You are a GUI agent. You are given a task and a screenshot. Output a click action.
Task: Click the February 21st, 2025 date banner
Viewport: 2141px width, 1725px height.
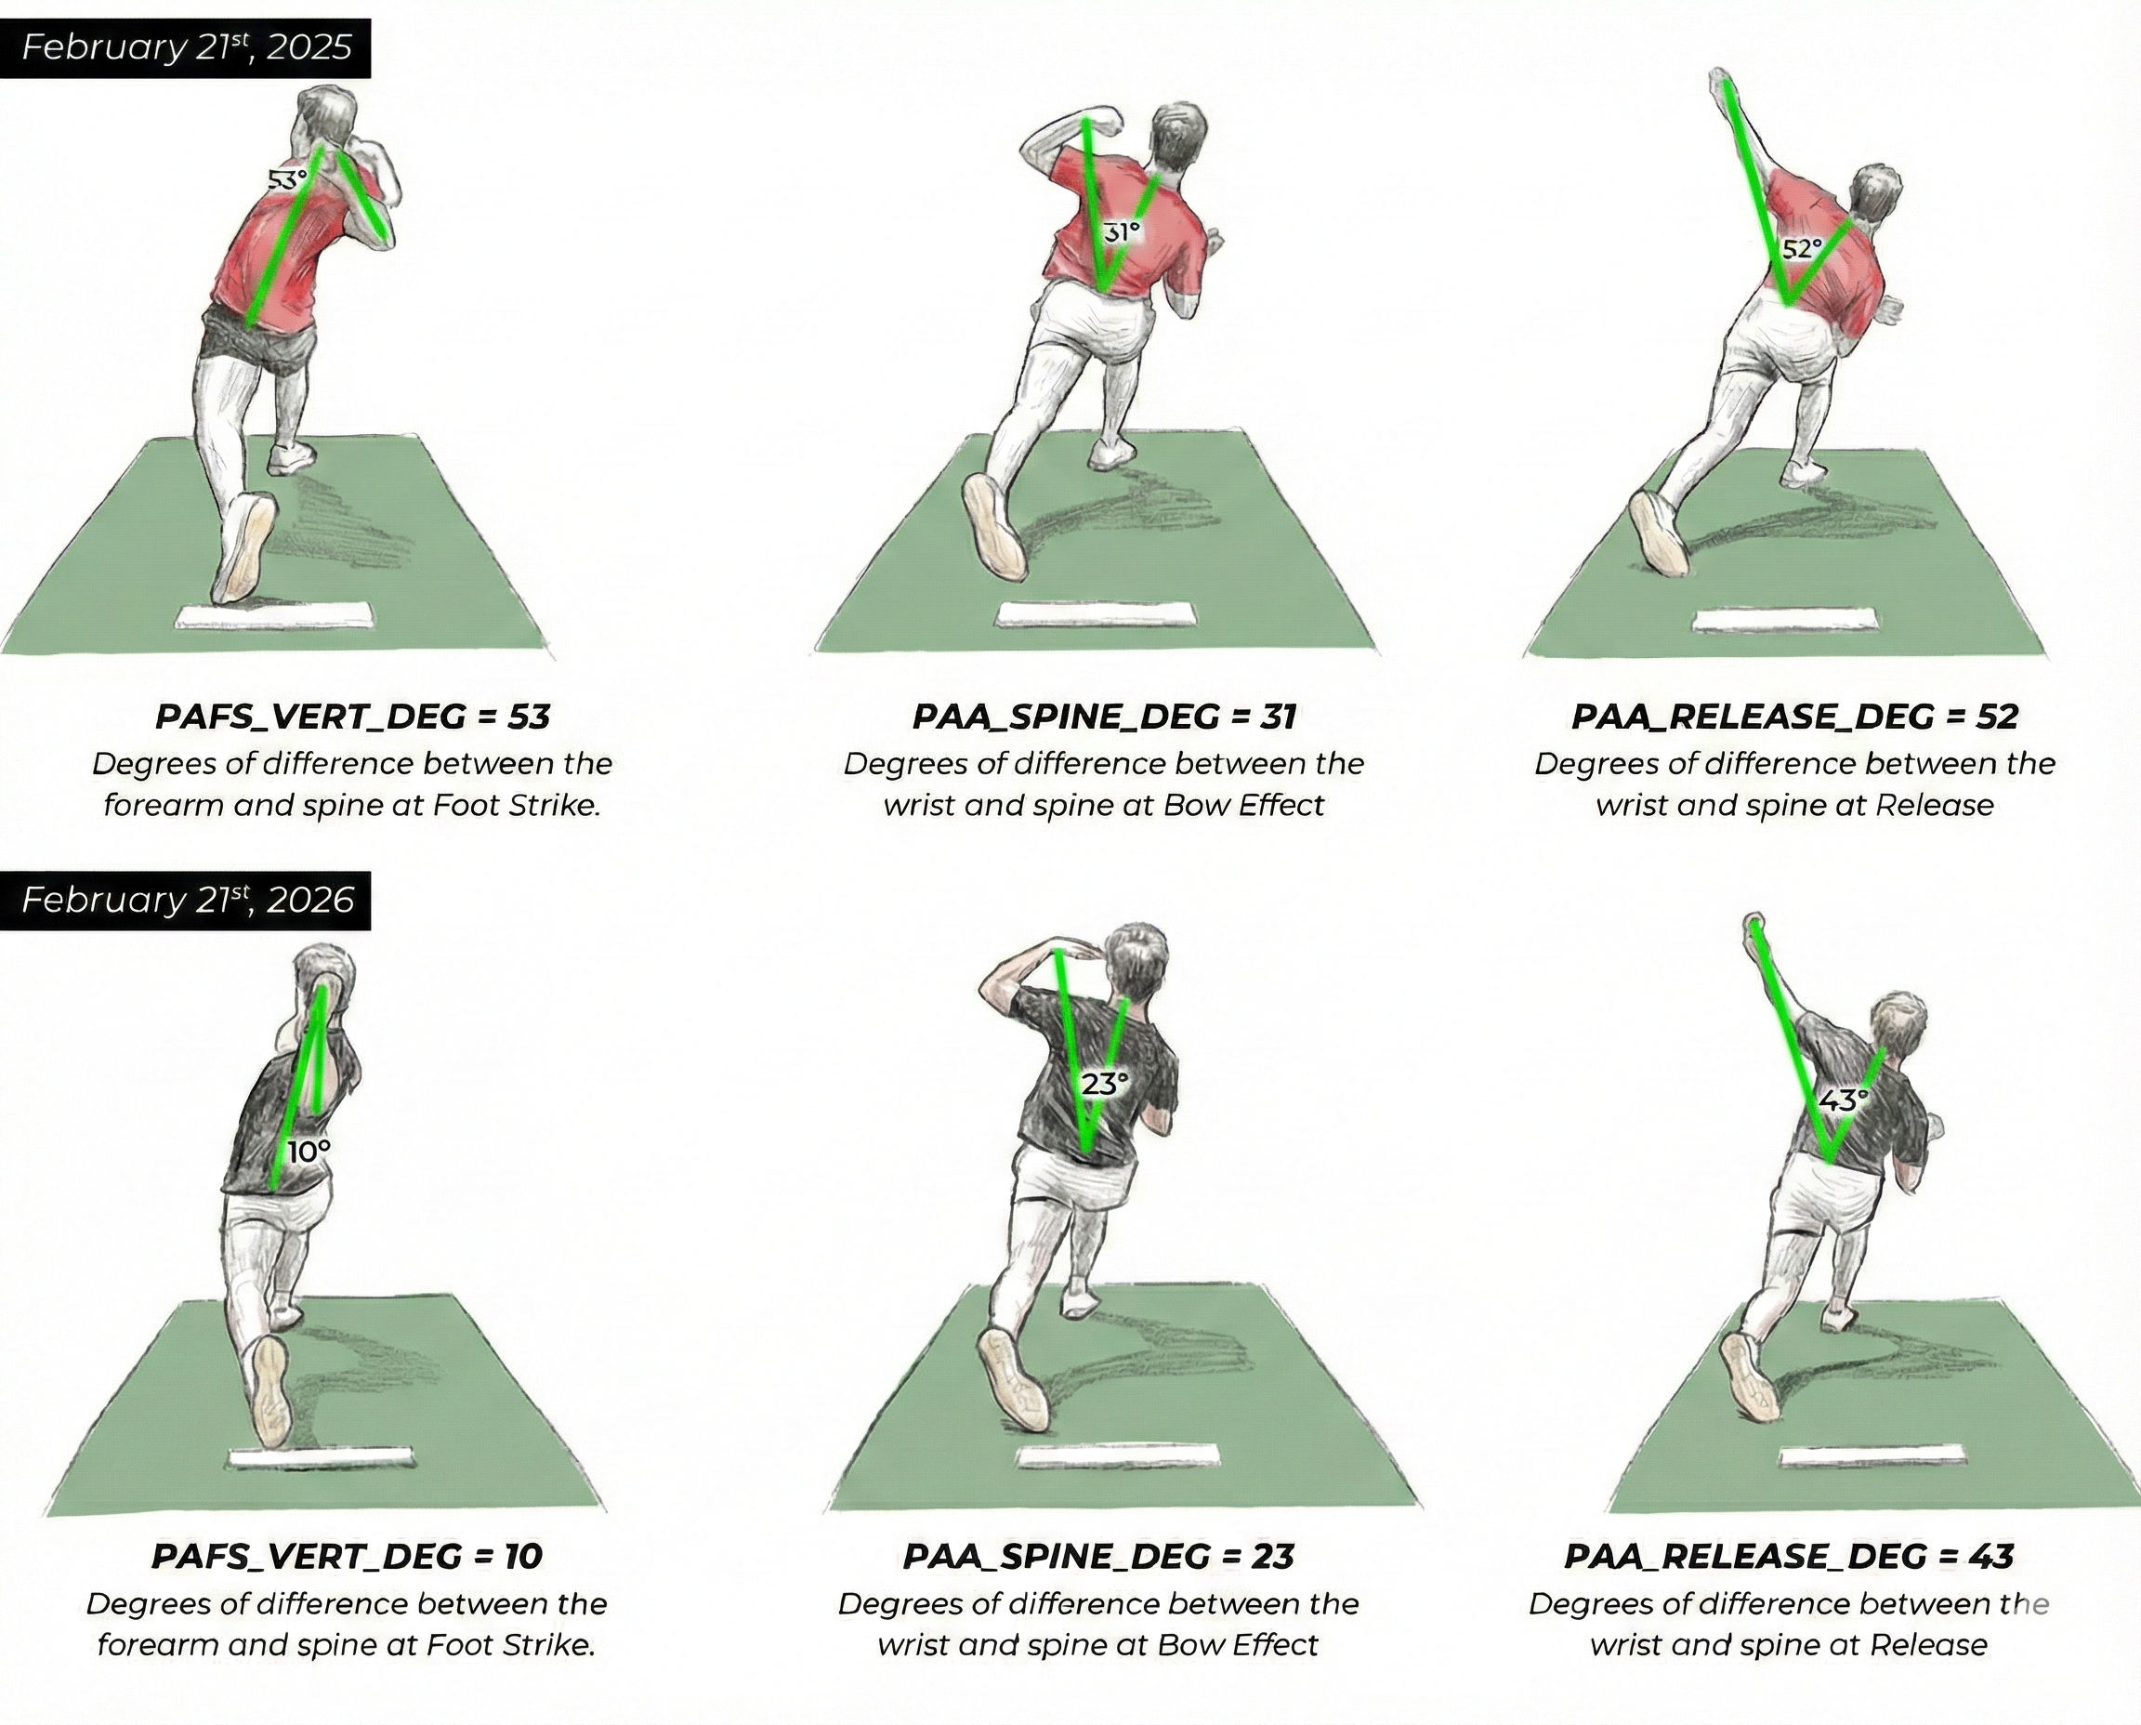point(186,47)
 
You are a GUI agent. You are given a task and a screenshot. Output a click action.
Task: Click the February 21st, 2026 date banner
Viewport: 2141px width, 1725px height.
point(187,901)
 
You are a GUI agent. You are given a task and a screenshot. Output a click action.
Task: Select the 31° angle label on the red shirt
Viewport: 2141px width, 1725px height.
point(1121,232)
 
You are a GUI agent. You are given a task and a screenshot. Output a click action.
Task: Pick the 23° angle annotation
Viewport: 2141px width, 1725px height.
point(1105,1084)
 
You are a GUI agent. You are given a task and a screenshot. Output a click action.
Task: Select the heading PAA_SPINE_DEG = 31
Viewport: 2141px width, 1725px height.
point(1104,717)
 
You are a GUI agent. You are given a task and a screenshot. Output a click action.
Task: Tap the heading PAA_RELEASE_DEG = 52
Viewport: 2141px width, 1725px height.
point(1794,717)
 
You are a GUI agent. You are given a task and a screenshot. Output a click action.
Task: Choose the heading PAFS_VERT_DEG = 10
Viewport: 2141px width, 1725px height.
point(347,1556)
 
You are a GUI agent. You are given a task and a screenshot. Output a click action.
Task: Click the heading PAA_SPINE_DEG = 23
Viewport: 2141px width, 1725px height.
point(1097,1556)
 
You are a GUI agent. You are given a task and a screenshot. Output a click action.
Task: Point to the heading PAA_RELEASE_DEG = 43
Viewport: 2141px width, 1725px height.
point(1788,1556)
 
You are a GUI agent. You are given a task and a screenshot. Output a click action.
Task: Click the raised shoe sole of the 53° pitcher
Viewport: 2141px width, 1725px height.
point(243,548)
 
